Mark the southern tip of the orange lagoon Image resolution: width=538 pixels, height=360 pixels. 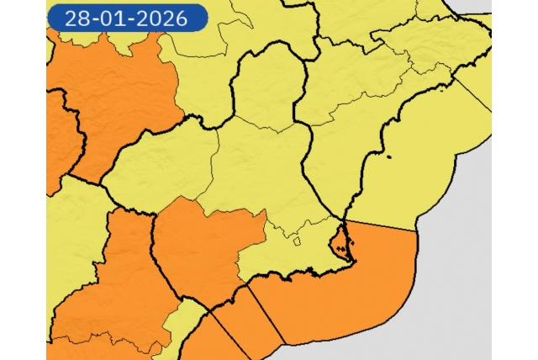pos(336,256)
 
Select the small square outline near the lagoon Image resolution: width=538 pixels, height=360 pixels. pos(297,242)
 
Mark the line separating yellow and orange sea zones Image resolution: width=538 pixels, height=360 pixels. pos(382,226)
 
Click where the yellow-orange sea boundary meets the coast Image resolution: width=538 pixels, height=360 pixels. pos(346,221)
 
